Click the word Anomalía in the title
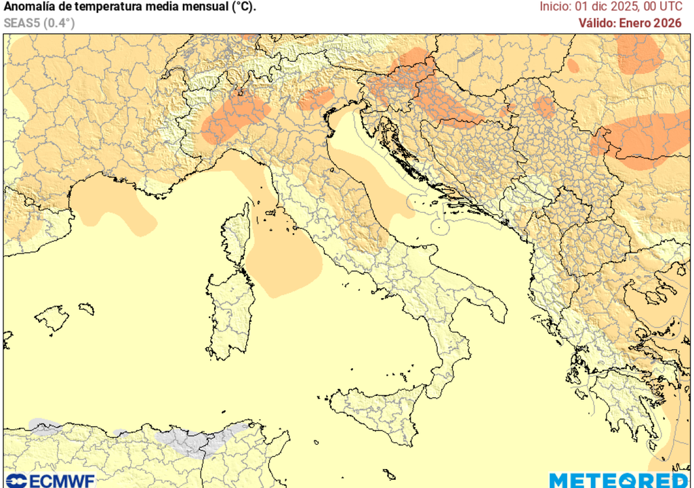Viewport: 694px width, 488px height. pos(29,7)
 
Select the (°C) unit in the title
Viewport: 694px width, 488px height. pos(243,7)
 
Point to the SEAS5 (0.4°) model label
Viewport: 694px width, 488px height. pos(39,23)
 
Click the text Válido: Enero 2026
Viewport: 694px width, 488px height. pos(630,23)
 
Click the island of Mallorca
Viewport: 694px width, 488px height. pos(52,317)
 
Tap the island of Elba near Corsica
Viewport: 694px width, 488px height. pos(270,211)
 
